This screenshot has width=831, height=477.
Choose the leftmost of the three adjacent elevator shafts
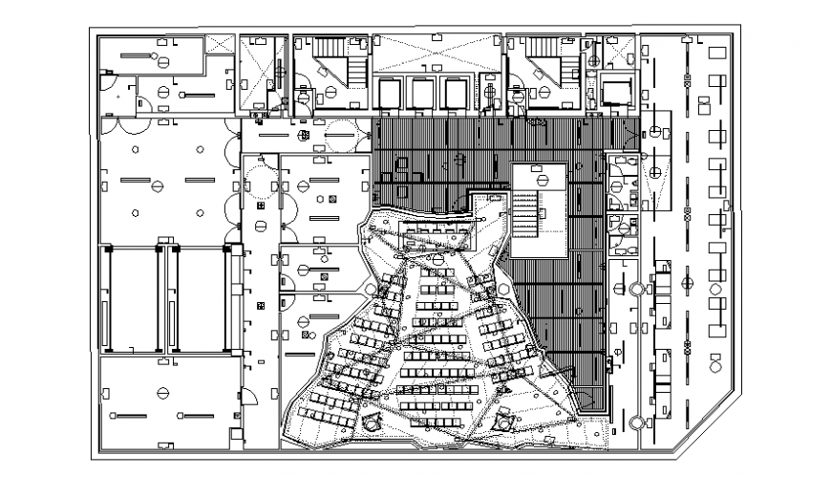coord(392,94)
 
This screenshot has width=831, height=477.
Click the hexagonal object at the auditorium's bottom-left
coord(370,413)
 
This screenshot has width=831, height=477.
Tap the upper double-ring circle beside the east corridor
coord(635,288)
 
